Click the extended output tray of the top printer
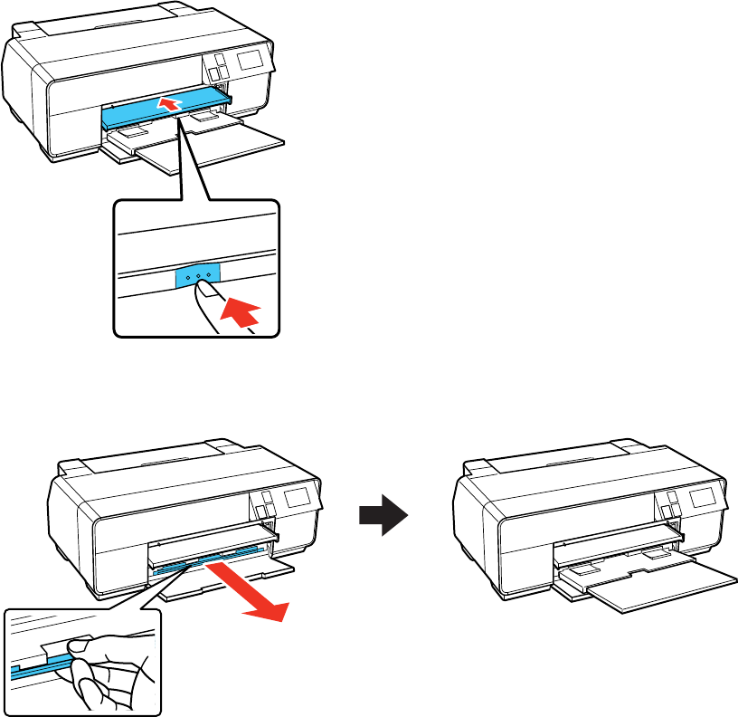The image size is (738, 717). [x=231, y=141]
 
